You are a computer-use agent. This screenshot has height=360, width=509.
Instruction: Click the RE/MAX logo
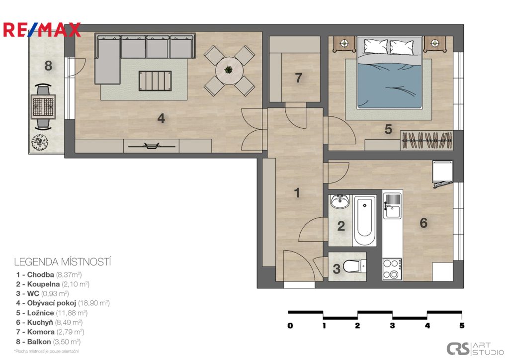tap(42, 30)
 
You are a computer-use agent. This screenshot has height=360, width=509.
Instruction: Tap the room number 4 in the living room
tap(161, 118)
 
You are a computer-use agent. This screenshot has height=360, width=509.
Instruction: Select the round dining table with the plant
tap(229, 71)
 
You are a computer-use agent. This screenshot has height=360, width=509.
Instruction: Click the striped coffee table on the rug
tap(155, 81)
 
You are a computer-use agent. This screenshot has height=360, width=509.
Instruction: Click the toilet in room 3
tap(354, 267)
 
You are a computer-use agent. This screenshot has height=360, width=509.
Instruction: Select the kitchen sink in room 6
tap(392, 206)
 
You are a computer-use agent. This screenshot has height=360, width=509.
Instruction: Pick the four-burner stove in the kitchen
tap(392, 269)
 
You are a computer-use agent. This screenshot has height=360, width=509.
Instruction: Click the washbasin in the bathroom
tap(340, 201)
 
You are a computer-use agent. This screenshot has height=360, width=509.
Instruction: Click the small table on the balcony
tap(43, 107)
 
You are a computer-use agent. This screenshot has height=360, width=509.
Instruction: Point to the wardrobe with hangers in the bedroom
tap(426, 140)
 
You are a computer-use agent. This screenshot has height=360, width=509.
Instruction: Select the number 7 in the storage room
tap(298, 78)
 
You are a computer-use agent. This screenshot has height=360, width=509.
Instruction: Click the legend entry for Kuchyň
tap(49, 322)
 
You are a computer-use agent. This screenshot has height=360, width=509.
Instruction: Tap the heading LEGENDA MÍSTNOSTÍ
tap(63, 262)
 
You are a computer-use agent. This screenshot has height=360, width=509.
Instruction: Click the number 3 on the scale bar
tap(392, 325)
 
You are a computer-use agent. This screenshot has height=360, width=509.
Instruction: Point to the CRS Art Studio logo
tap(475, 349)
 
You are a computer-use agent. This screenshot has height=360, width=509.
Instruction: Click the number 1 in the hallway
tap(297, 193)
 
